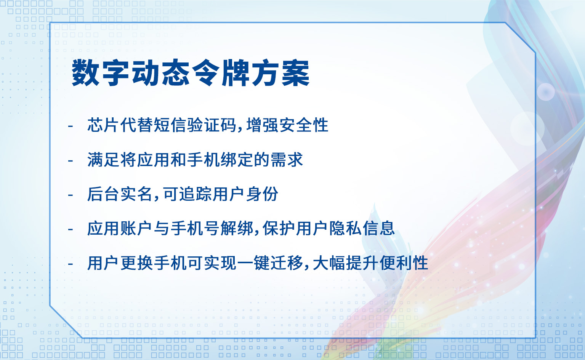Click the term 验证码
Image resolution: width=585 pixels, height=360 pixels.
[x=212, y=125]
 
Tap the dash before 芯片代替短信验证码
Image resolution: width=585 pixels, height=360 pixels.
[x=70, y=126]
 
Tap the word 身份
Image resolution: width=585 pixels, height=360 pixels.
[x=262, y=194]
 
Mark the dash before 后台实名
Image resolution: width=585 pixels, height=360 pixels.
[x=70, y=195]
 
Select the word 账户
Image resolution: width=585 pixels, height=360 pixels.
[x=136, y=229]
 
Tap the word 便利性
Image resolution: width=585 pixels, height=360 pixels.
[x=404, y=263]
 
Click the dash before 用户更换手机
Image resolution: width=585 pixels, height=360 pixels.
[x=70, y=264]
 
